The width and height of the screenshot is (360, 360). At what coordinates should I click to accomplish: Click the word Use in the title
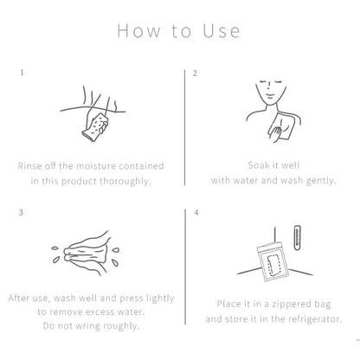click(x=222, y=30)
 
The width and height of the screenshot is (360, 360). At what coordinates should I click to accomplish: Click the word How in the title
click(x=138, y=30)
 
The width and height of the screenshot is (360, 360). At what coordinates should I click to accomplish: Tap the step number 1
click(x=22, y=73)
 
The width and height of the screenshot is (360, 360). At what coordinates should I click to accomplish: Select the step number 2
click(x=196, y=74)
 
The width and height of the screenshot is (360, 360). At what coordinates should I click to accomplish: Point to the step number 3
click(x=21, y=213)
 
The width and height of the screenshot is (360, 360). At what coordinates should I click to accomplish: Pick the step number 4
click(x=196, y=213)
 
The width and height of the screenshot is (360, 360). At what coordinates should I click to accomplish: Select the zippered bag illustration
click(x=273, y=262)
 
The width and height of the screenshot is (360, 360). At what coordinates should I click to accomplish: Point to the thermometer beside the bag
click(x=297, y=238)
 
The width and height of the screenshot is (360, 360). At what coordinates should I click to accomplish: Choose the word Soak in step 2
click(x=259, y=165)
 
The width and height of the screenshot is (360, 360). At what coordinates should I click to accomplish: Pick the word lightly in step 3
click(x=160, y=299)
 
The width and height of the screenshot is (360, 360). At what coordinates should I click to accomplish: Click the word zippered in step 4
click(x=291, y=305)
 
